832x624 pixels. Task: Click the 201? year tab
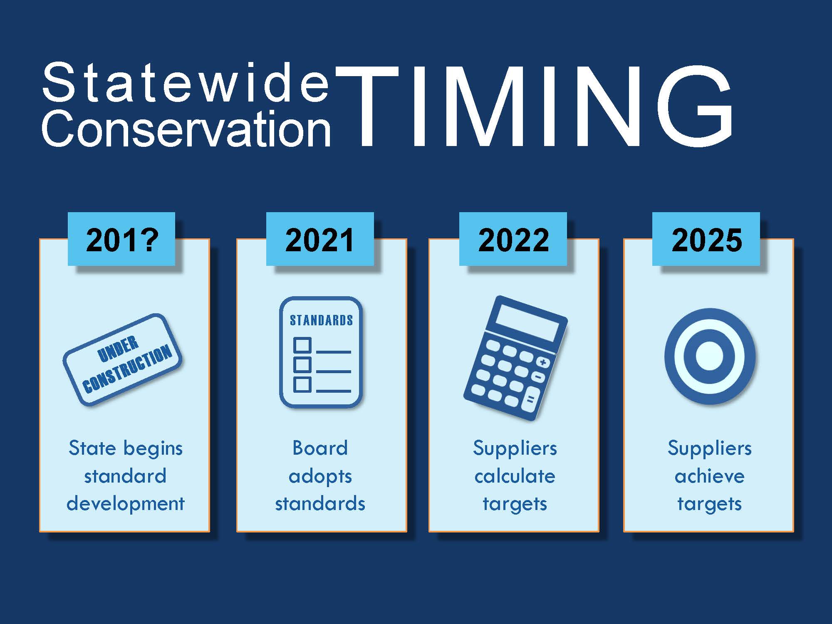click(x=121, y=239)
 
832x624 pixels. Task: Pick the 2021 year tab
click(x=320, y=239)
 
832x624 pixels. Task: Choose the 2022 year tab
click(x=513, y=239)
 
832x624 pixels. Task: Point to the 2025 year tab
click(x=706, y=239)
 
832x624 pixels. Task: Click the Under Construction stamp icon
click(x=122, y=359)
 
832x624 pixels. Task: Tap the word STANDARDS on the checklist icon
click(x=321, y=320)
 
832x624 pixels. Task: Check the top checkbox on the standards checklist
click(x=302, y=345)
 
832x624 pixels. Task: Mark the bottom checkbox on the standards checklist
click(x=302, y=384)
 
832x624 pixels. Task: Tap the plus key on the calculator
click(x=543, y=362)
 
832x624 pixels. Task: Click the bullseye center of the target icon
click(x=709, y=356)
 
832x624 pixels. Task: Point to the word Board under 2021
click(x=320, y=448)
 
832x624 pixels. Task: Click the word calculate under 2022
click(x=515, y=476)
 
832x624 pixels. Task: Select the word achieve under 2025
click(x=709, y=476)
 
